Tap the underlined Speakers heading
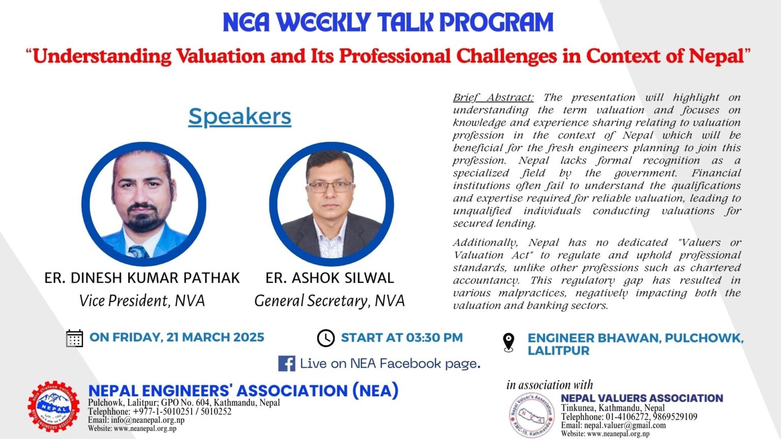[240, 116]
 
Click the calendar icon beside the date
[74, 338]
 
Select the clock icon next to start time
[325, 338]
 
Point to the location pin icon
[508, 342]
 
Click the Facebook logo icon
[287, 364]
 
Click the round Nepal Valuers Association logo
[532, 415]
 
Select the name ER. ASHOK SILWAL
[329, 278]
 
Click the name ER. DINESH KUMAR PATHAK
[142, 278]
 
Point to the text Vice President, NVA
[142, 301]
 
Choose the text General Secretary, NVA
[329, 301]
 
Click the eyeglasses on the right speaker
[330, 187]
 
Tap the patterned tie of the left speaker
[139, 252]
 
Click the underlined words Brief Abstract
[493, 98]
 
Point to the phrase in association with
[550, 385]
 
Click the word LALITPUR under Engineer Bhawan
[559, 351]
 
